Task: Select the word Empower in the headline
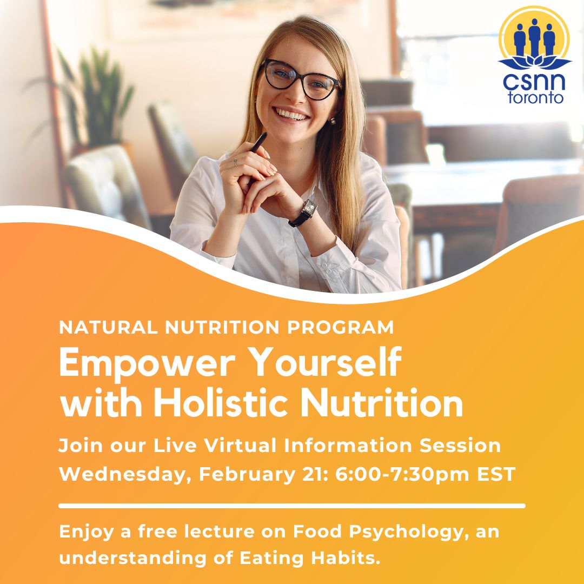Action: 138,364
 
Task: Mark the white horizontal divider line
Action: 292,506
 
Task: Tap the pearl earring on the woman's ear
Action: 333,121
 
